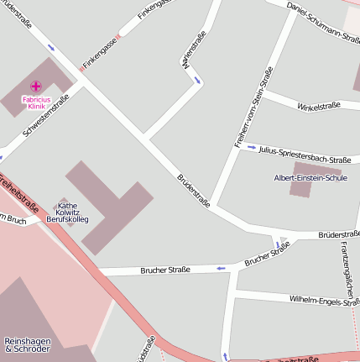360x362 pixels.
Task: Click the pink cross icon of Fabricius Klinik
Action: tap(36, 86)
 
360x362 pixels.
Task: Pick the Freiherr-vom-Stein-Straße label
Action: tap(251, 108)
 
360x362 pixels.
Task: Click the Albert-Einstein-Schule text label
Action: tap(310, 178)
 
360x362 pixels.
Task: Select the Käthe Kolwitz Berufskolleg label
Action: tap(67, 212)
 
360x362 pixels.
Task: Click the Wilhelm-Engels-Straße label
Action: tap(323, 300)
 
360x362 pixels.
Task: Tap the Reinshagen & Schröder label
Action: tap(27, 344)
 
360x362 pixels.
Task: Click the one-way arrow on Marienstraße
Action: tap(197, 81)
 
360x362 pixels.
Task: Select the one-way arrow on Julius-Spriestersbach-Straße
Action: tap(251, 147)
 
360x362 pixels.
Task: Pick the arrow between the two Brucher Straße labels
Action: tap(222, 268)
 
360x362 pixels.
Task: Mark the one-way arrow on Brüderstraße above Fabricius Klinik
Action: tap(52, 47)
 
